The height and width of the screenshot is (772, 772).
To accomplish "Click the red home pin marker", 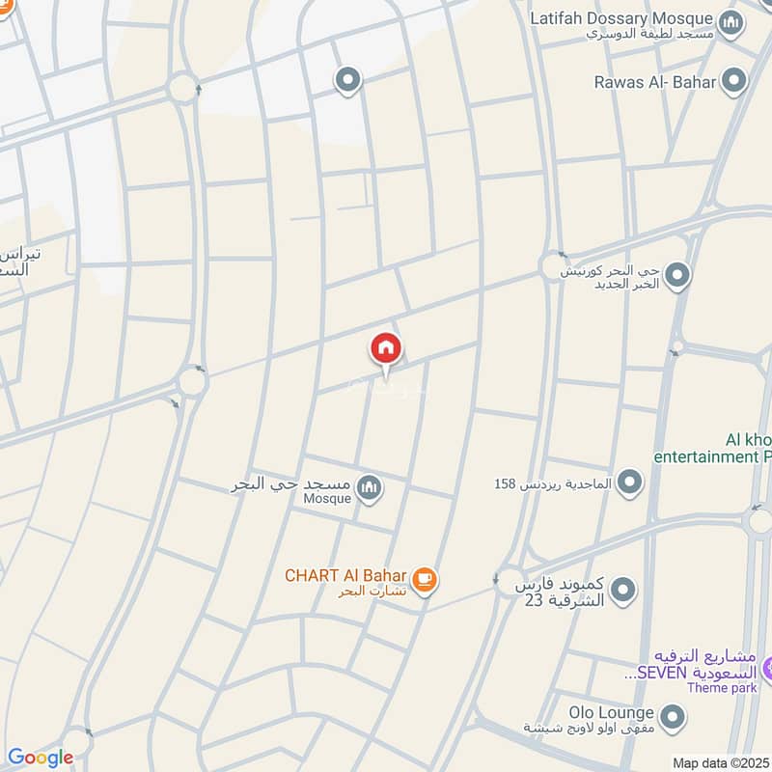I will click(386, 349).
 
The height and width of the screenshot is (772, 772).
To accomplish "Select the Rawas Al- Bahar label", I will click(655, 82).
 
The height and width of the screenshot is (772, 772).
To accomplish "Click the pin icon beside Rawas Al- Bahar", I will click(735, 80).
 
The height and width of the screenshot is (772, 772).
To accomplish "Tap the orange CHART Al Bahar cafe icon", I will click(423, 579).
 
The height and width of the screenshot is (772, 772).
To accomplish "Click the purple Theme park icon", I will click(768, 667).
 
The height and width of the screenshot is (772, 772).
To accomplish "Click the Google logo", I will click(40, 758).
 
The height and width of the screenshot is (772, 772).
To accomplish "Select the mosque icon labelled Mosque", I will click(369, 488).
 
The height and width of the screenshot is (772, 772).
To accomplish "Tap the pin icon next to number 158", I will click(629, 481).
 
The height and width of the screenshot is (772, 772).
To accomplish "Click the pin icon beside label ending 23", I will click(623, 588).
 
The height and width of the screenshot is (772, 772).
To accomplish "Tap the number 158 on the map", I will click(506, 482).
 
